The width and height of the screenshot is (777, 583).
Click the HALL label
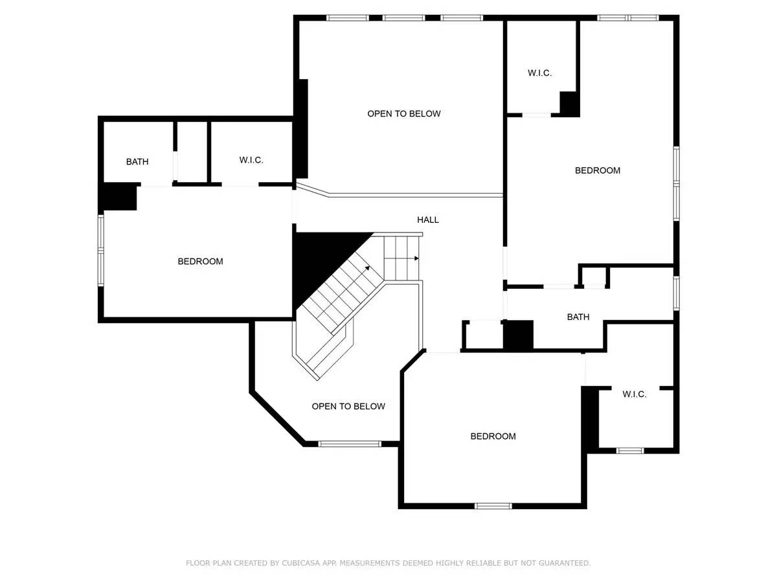coord(427,220)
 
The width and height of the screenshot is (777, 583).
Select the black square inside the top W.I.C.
coord(569,104)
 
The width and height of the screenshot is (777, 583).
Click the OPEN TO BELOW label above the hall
coord(403,113)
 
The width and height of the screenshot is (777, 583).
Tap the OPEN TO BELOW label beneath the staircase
coord(348,406)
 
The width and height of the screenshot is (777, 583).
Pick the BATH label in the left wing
coord(137,161)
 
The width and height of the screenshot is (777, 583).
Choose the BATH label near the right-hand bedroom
coord(578,317)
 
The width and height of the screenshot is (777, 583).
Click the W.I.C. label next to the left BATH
coord(251,160)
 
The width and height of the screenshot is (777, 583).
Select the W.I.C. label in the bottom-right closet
coord(634,394)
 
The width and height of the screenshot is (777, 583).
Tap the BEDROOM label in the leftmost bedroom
coord(200,261)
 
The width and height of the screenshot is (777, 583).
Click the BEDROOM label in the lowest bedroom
coord(493,436)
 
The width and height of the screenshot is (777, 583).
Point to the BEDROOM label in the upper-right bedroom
coord(597,170)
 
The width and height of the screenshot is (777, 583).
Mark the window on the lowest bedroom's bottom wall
coord(493,505)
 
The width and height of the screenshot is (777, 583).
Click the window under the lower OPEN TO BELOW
coord(350,444)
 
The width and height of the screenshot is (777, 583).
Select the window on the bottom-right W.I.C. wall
coord(630,450)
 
